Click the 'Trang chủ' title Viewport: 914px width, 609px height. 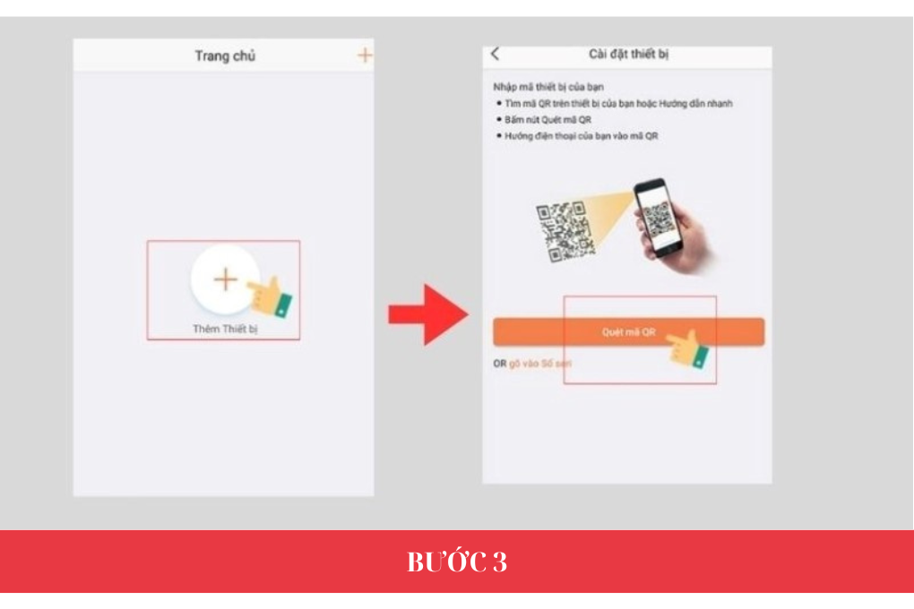click(225, 56)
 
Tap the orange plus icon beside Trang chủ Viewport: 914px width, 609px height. click(364, 56)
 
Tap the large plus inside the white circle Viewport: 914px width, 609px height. click(225, 279)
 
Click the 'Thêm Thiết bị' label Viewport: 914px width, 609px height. click(225, 329)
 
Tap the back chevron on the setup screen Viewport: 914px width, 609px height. click(496, 55)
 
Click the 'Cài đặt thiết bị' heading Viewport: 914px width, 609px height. click(628, 55)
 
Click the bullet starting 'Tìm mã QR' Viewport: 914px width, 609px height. click(617, 104)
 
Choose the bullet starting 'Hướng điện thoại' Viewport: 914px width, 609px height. click(582, 135)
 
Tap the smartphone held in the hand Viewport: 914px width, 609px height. click(659, 217)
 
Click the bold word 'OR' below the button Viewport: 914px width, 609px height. click(500, 363)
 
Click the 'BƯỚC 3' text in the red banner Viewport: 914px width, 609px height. click(457, 562)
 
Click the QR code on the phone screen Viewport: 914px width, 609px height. click(660, 218)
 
